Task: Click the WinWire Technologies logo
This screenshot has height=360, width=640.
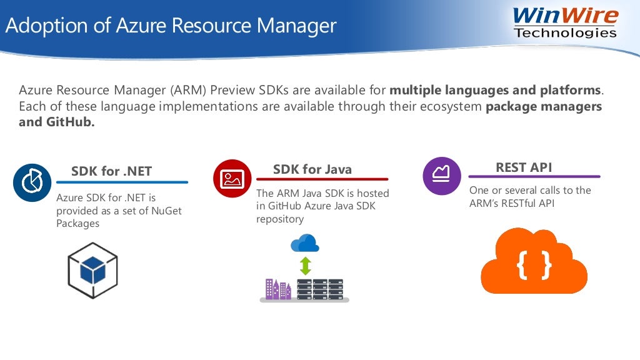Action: pyautogui.click(x=565, y=22)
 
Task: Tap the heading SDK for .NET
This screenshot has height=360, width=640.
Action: pyautogui.click(x=111, y=171)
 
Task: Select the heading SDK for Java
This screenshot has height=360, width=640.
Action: pyautogui.click(x=312, y=169)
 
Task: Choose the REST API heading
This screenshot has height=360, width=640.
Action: pyautogui.click(x=524, y=167)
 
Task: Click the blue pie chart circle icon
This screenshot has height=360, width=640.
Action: pyautogui.click(x=32, y=182)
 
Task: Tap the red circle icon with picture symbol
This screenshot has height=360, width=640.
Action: pyautogui.click(x=232, y=179)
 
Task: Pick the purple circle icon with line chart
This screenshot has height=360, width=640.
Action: pyautogui.click(x=442, y=176)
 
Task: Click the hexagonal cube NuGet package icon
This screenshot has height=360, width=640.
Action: pyautogui.click(x=92, y=271)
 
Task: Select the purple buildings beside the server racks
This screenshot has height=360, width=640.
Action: pyautogui.click(x=277, y=289)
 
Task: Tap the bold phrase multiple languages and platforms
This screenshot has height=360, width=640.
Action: pyautogui.click(x=495, y=91)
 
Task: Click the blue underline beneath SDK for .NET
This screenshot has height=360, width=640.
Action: pyautogui.click(x=122, y=182)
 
